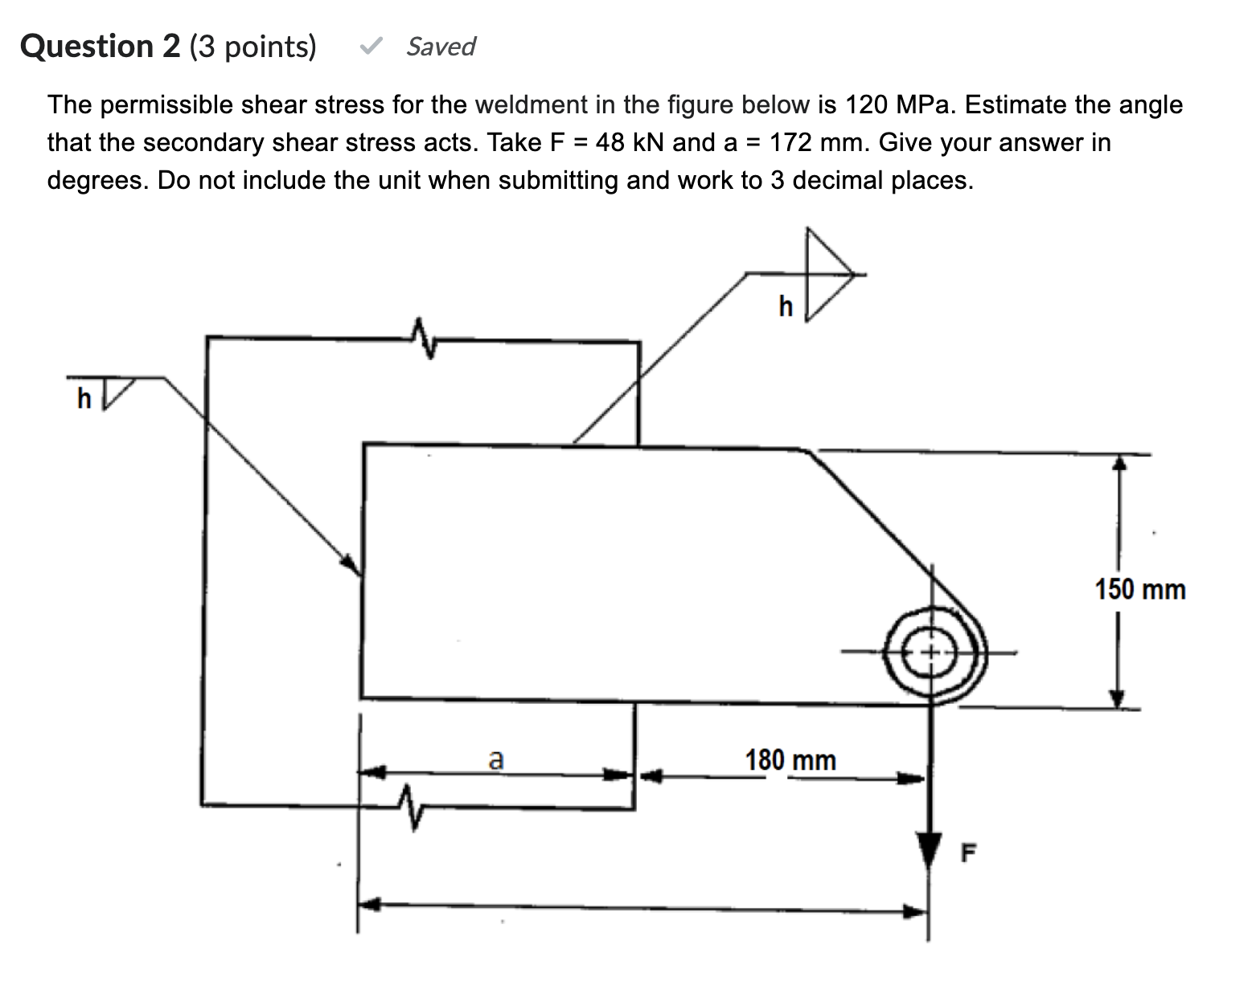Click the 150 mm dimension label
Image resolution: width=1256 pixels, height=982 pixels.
1139,589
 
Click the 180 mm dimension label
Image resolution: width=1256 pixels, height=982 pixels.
790,759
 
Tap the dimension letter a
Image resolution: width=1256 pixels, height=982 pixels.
496,758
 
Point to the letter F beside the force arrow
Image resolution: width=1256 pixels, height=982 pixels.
969,853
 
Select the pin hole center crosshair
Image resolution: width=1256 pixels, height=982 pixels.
931,652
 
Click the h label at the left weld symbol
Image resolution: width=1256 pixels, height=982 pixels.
84,398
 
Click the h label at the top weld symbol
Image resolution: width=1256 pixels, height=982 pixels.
786,306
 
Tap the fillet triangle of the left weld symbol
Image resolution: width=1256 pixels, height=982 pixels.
116,392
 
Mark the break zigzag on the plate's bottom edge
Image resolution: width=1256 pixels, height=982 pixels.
410,806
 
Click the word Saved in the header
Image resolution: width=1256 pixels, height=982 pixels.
441,47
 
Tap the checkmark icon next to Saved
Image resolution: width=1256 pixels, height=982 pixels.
371,47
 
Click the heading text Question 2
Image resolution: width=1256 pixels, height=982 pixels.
101,47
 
